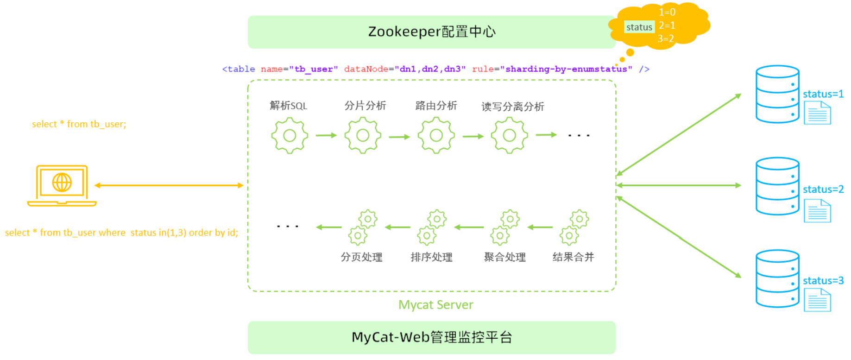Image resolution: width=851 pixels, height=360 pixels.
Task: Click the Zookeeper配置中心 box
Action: tap(431, 32)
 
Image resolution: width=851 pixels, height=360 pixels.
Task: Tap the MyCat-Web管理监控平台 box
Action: tap(431, 337)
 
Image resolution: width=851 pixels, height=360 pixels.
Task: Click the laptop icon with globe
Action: tap(62, 185)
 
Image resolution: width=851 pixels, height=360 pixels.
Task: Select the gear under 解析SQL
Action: tap(290, 135)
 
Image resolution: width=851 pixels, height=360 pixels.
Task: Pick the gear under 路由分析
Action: tap(436, 135)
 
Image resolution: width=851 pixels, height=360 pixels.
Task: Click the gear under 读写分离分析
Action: tap(509, 135)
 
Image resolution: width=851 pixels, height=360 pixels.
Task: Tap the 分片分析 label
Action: tap(365, 106)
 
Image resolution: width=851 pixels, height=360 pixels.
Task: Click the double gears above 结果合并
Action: tap(574, 227)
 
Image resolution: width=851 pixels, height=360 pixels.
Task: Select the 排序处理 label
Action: tap(431, 257)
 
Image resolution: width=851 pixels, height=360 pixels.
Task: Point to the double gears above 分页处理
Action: tap(362, 227)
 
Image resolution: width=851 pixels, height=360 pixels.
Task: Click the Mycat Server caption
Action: tap(435, 305)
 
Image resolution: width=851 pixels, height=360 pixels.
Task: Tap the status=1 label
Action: tap(823, 94)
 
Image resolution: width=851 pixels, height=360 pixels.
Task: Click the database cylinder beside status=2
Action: tap(777, 186)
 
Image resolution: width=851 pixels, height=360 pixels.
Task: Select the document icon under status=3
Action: tap(817, 300)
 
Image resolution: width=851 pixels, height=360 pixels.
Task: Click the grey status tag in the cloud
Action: tap(639, 27)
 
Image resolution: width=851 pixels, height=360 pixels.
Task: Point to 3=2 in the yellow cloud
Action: tap(666, 39)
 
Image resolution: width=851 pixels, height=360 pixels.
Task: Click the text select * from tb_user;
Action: tap(79, 124)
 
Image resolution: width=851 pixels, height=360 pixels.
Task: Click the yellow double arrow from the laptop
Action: tap(169, 185)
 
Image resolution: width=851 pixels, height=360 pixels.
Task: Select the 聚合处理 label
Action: tap(504, 257)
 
